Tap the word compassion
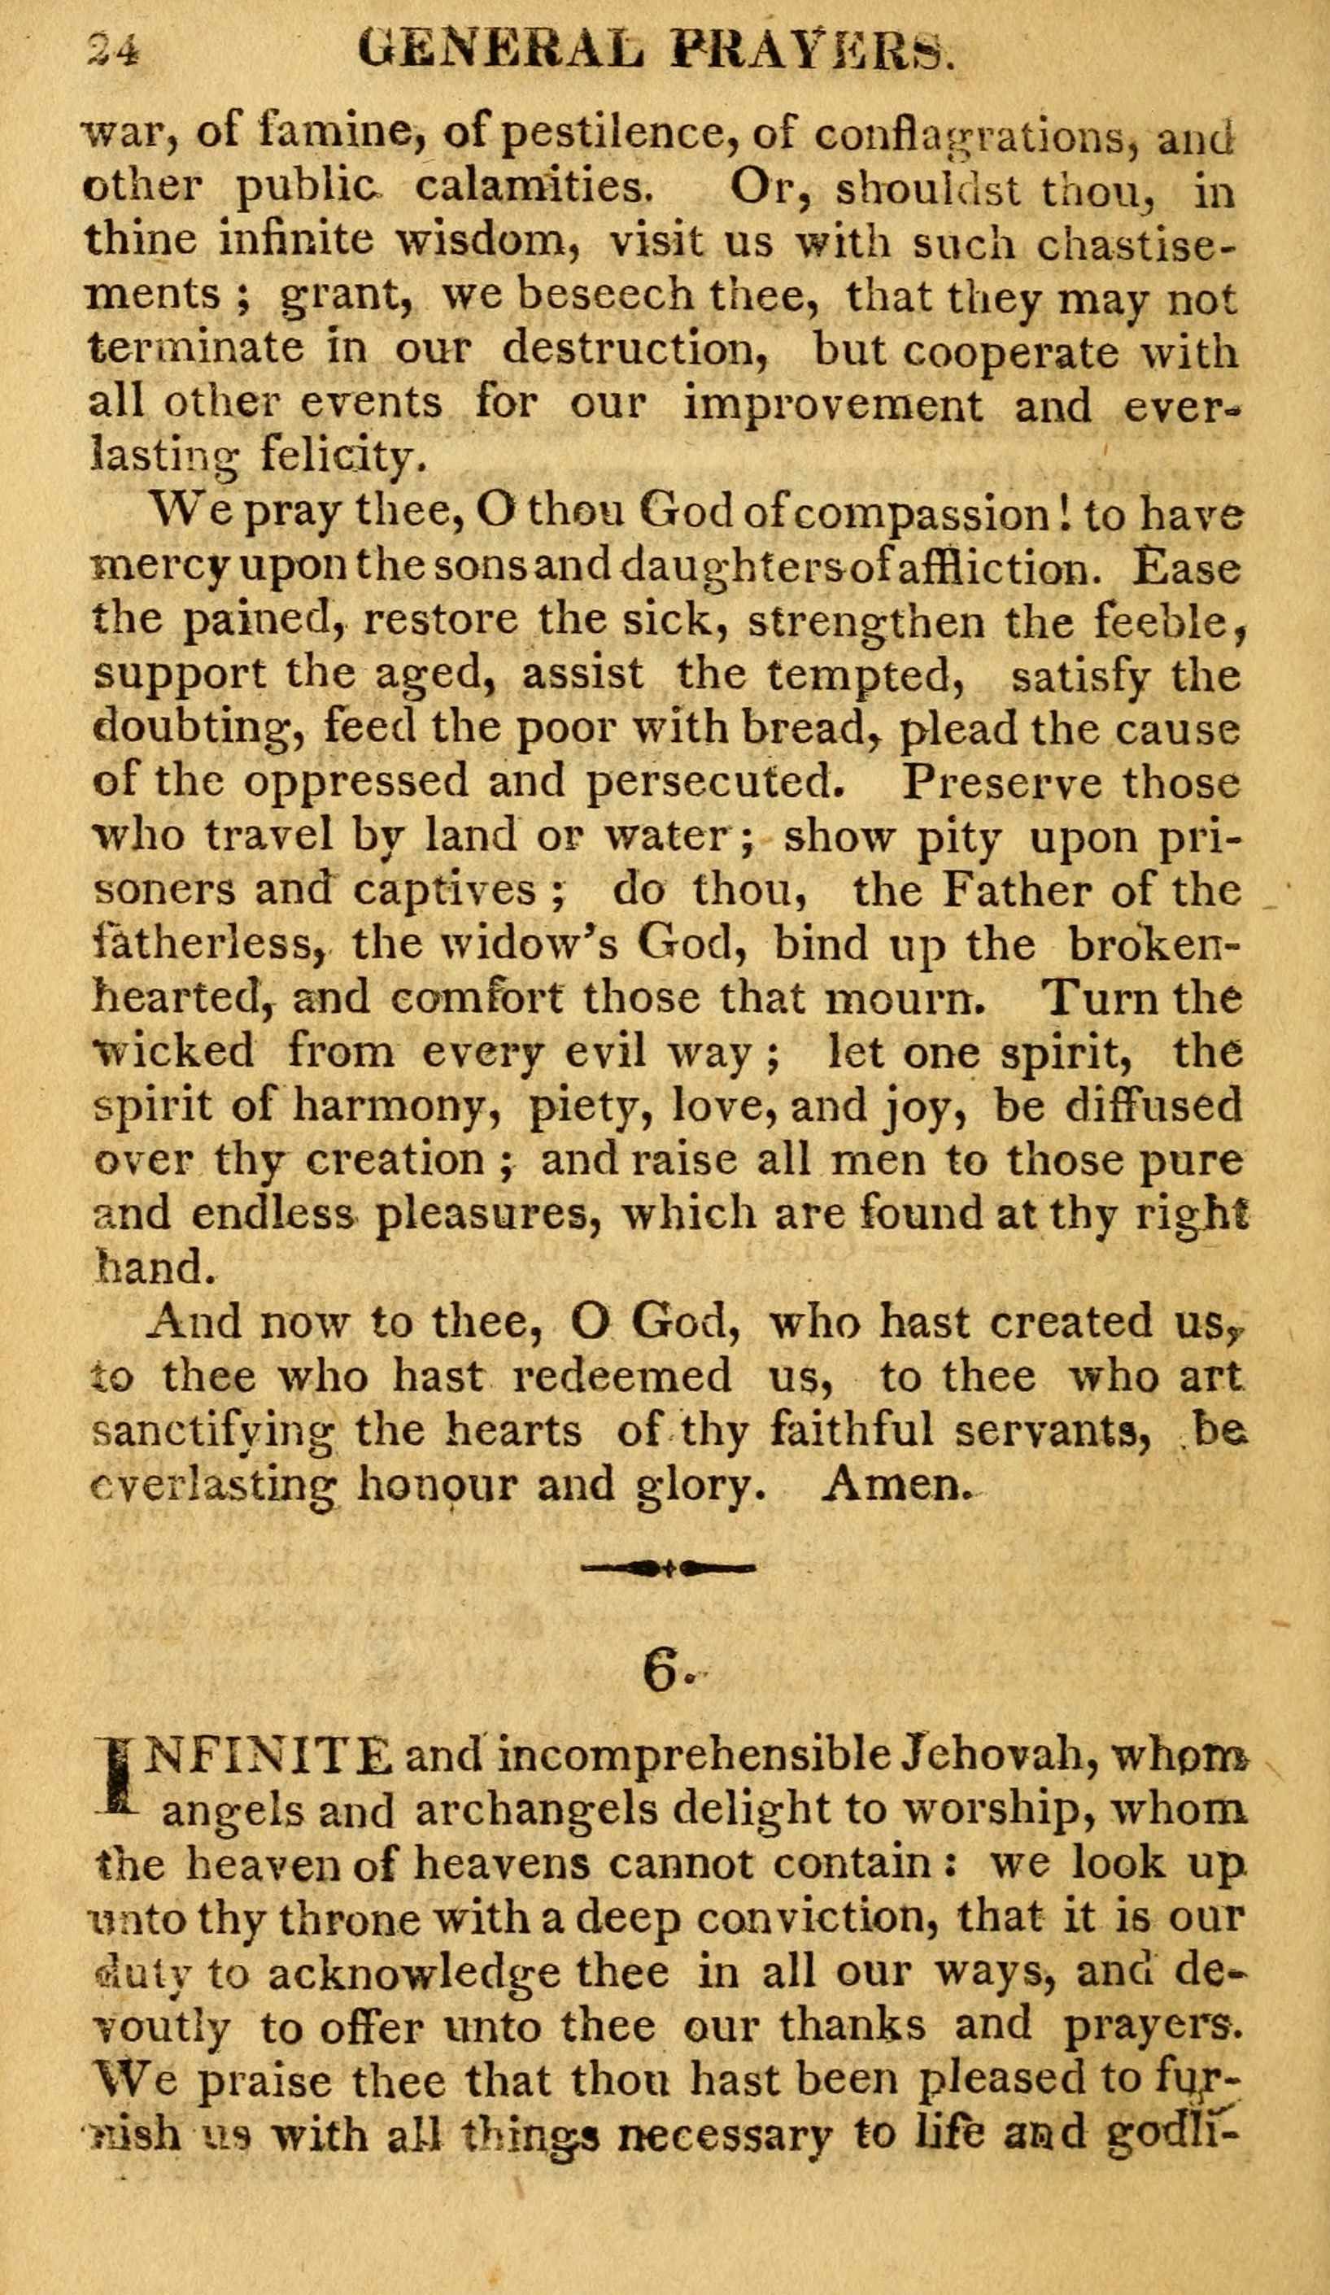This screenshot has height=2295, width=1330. click(922, 514)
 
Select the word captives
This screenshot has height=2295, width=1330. click(459, 891)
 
